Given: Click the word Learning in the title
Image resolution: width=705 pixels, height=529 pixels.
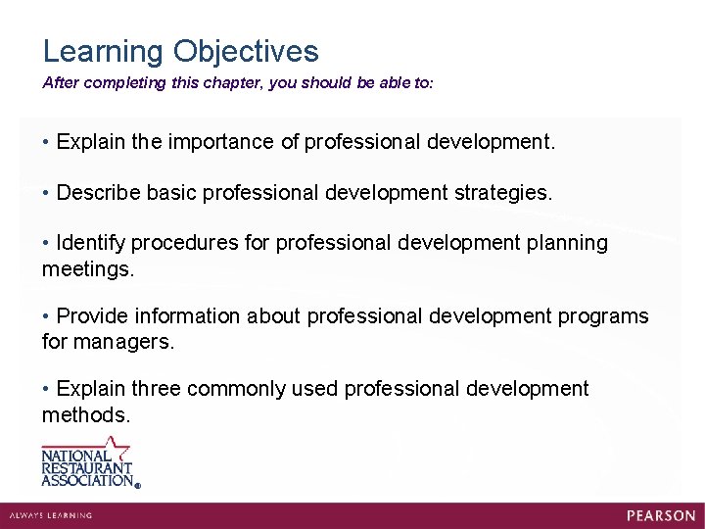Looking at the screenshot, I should tap(104, 52).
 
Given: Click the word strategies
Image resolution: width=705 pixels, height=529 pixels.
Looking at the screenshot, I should tap(503, 193).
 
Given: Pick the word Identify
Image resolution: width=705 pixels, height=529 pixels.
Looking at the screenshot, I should tap(91, 243).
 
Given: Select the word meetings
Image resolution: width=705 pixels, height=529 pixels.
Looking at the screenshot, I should tap(87, 267).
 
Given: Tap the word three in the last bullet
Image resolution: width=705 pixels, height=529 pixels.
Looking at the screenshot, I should tap(156, 390).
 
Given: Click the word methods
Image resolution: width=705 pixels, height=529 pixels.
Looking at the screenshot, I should tap(85, 415).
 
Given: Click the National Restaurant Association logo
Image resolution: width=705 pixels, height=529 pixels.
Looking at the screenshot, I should tap(89, 461).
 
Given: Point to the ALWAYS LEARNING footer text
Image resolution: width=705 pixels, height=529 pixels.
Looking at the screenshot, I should tap(51, 515).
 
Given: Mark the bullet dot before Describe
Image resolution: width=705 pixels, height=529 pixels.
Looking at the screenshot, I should tap(46, 193).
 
